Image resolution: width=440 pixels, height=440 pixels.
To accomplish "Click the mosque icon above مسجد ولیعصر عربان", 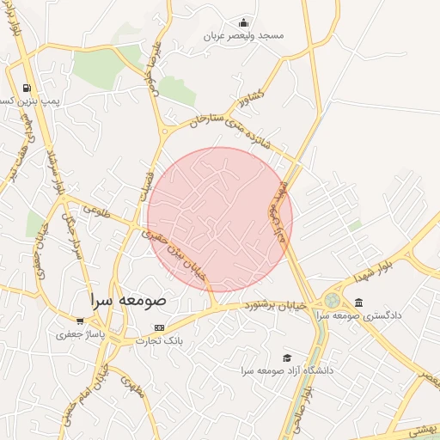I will point(245,23).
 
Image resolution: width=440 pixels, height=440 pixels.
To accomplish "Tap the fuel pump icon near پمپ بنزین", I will point(27,88).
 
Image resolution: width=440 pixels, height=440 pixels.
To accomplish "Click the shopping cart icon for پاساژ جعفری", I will point(80,321).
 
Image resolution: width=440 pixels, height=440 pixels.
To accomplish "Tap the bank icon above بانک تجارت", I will point(158,328).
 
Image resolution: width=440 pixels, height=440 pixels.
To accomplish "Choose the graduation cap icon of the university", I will point(286,357).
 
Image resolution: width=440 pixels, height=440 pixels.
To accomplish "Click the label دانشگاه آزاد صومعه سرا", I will point(287,370).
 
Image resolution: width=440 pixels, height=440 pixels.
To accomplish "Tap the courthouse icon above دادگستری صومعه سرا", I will point(358,302).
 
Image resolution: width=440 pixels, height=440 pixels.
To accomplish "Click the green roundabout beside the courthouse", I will point(331,300).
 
